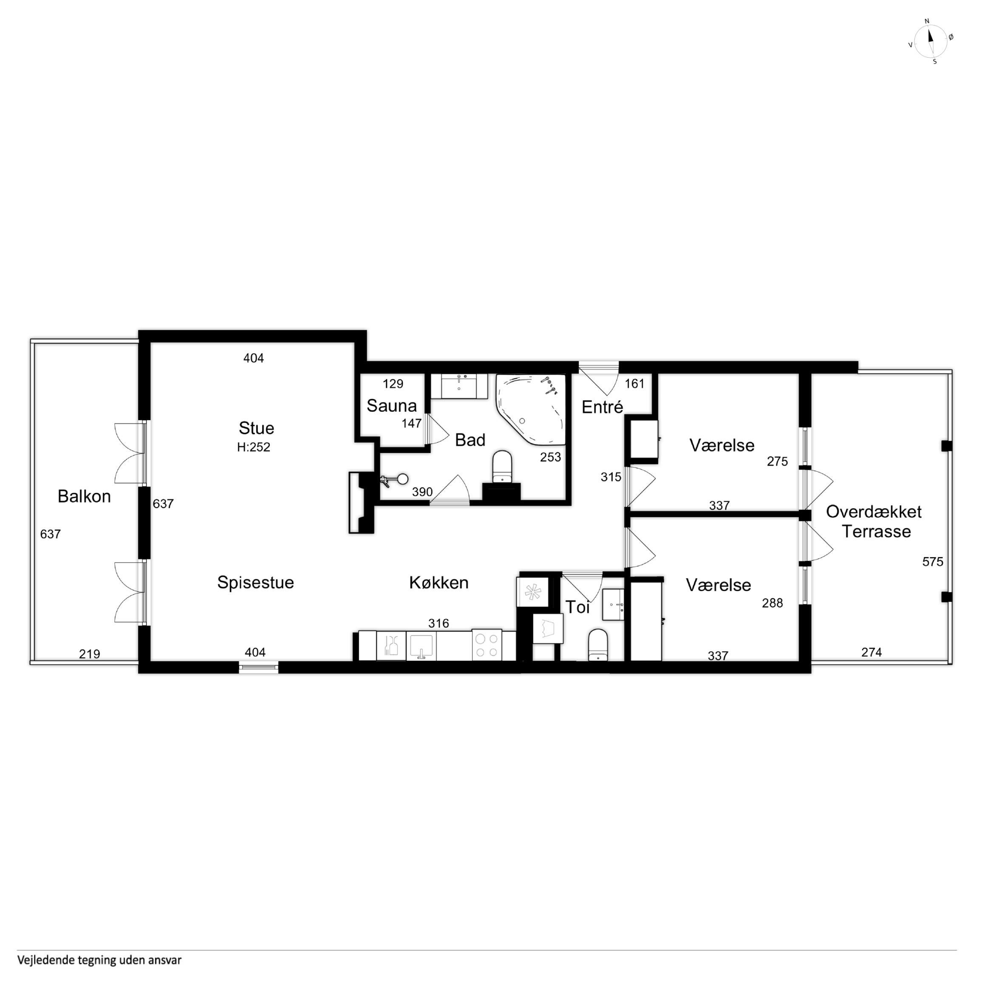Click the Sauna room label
(391, 406)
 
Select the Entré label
(602, 407)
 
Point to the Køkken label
(439, 583)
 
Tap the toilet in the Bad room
(502, 466)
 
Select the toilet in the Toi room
(598, 645)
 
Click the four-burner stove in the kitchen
(487, 645)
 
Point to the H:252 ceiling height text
(254, 447)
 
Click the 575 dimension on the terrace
(933, 562)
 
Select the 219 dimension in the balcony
(90, 654)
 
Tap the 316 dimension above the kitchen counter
(439, 623)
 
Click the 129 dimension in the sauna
(393, 384)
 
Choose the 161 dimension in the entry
(634, 384)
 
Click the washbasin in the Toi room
(613, 605)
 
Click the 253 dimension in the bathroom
(550, 457)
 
